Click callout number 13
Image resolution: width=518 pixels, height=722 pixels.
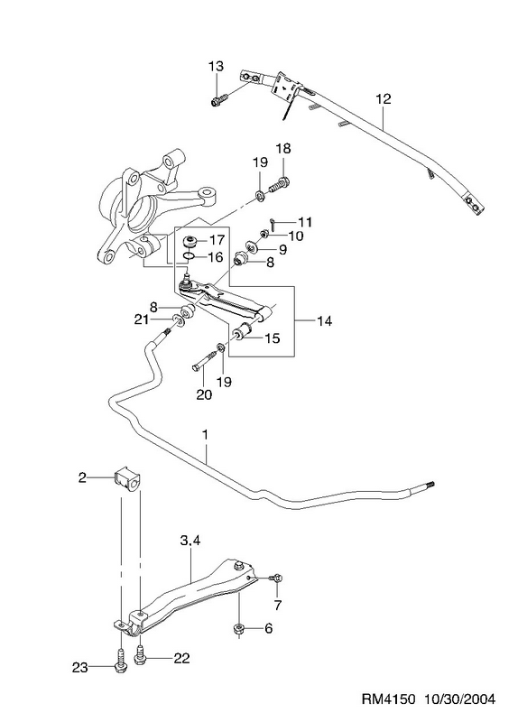[x=216, y=66]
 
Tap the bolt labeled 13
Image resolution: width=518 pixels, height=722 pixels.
[x=219, y=100]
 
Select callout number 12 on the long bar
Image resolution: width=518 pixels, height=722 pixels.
[x=383, y=99]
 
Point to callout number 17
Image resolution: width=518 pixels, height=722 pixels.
[x=217, y=240]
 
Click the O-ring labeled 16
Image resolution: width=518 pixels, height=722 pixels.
[x=189, y=255]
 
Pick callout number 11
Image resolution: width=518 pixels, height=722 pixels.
[x=304, y=222]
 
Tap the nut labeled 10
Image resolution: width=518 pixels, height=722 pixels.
[x=264, y=234]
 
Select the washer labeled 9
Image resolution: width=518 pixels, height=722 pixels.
[x=253, y=246]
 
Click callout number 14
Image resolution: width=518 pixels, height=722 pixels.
[x=324, y=321]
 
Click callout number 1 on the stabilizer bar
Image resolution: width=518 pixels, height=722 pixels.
[x=206, y=435]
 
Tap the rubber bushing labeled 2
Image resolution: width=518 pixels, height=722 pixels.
[x=127, y=480]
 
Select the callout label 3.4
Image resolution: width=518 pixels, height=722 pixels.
[x=190, y=542]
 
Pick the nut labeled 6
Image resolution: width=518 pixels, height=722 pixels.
[x=239, y=629]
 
